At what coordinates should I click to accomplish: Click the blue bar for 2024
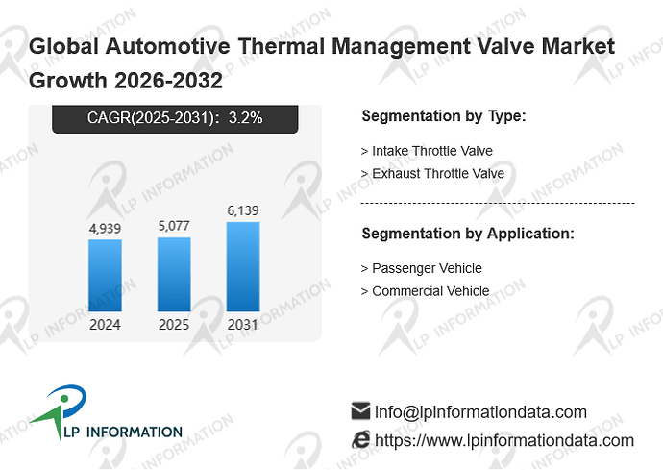[105, 276]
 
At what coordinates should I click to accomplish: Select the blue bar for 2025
[174, 274]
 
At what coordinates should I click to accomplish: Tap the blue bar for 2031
[243, 266]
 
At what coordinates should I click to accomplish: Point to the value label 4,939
[105, 229]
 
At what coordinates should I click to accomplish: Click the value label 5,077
[174, 226]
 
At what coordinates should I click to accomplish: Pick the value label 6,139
[243, 210]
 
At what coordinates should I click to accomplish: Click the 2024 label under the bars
[105, 325]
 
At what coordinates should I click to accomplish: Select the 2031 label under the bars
[243, 325]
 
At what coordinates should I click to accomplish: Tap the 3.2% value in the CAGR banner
[246, 117]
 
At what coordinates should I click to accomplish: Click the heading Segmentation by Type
[444, 116]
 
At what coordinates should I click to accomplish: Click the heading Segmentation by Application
[468, 234]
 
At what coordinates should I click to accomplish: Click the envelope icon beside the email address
[360, 410]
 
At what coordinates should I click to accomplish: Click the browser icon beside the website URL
[360, 439]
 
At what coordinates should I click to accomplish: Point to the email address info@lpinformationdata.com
[480, 412]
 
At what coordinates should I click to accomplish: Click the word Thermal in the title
[282, 46]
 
